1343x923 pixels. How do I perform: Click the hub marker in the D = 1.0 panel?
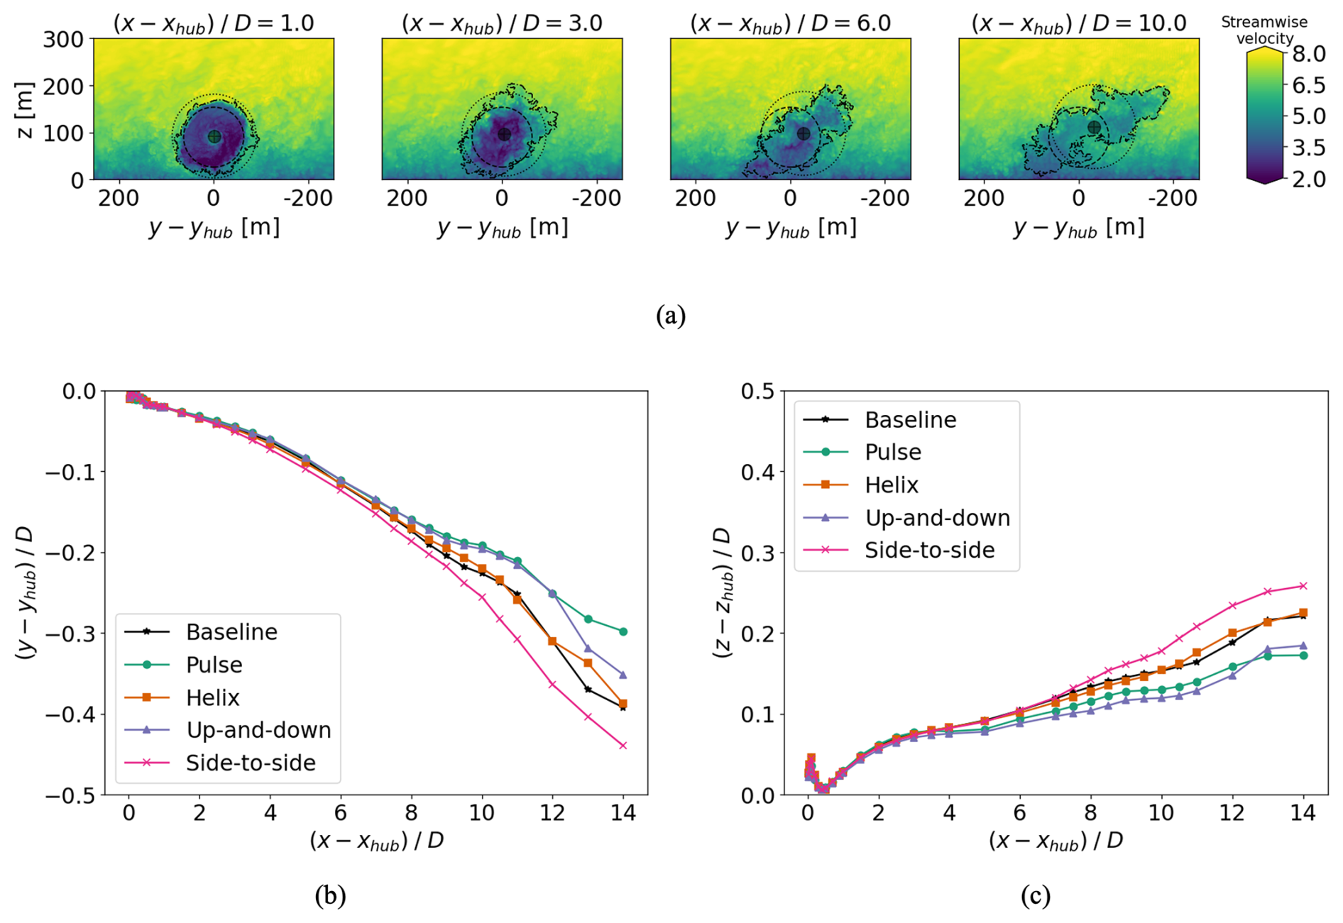point(214,137)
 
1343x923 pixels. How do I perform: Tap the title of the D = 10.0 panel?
point(1078,23)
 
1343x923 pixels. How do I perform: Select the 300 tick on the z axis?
point(63,39)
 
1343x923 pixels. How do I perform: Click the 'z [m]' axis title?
point(25,110)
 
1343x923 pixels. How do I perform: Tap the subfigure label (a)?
point(671,315)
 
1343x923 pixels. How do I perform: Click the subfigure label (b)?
point(330,895)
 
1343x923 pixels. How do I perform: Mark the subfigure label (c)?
point(1036,895)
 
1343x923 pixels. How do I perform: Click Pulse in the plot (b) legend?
point(214,665)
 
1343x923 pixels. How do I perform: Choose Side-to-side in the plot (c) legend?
point(929,551)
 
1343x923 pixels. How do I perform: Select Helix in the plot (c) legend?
point(892,485)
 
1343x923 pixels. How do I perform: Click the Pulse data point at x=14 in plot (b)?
point(623,631)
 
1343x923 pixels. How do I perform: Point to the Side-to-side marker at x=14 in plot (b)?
point(623,746)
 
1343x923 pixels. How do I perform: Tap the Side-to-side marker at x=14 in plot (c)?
point(1303,586)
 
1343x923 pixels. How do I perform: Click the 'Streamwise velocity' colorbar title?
point(1264,31)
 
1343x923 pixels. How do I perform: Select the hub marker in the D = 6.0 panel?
point(803,133)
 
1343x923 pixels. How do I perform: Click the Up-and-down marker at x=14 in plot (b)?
point(623,675)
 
